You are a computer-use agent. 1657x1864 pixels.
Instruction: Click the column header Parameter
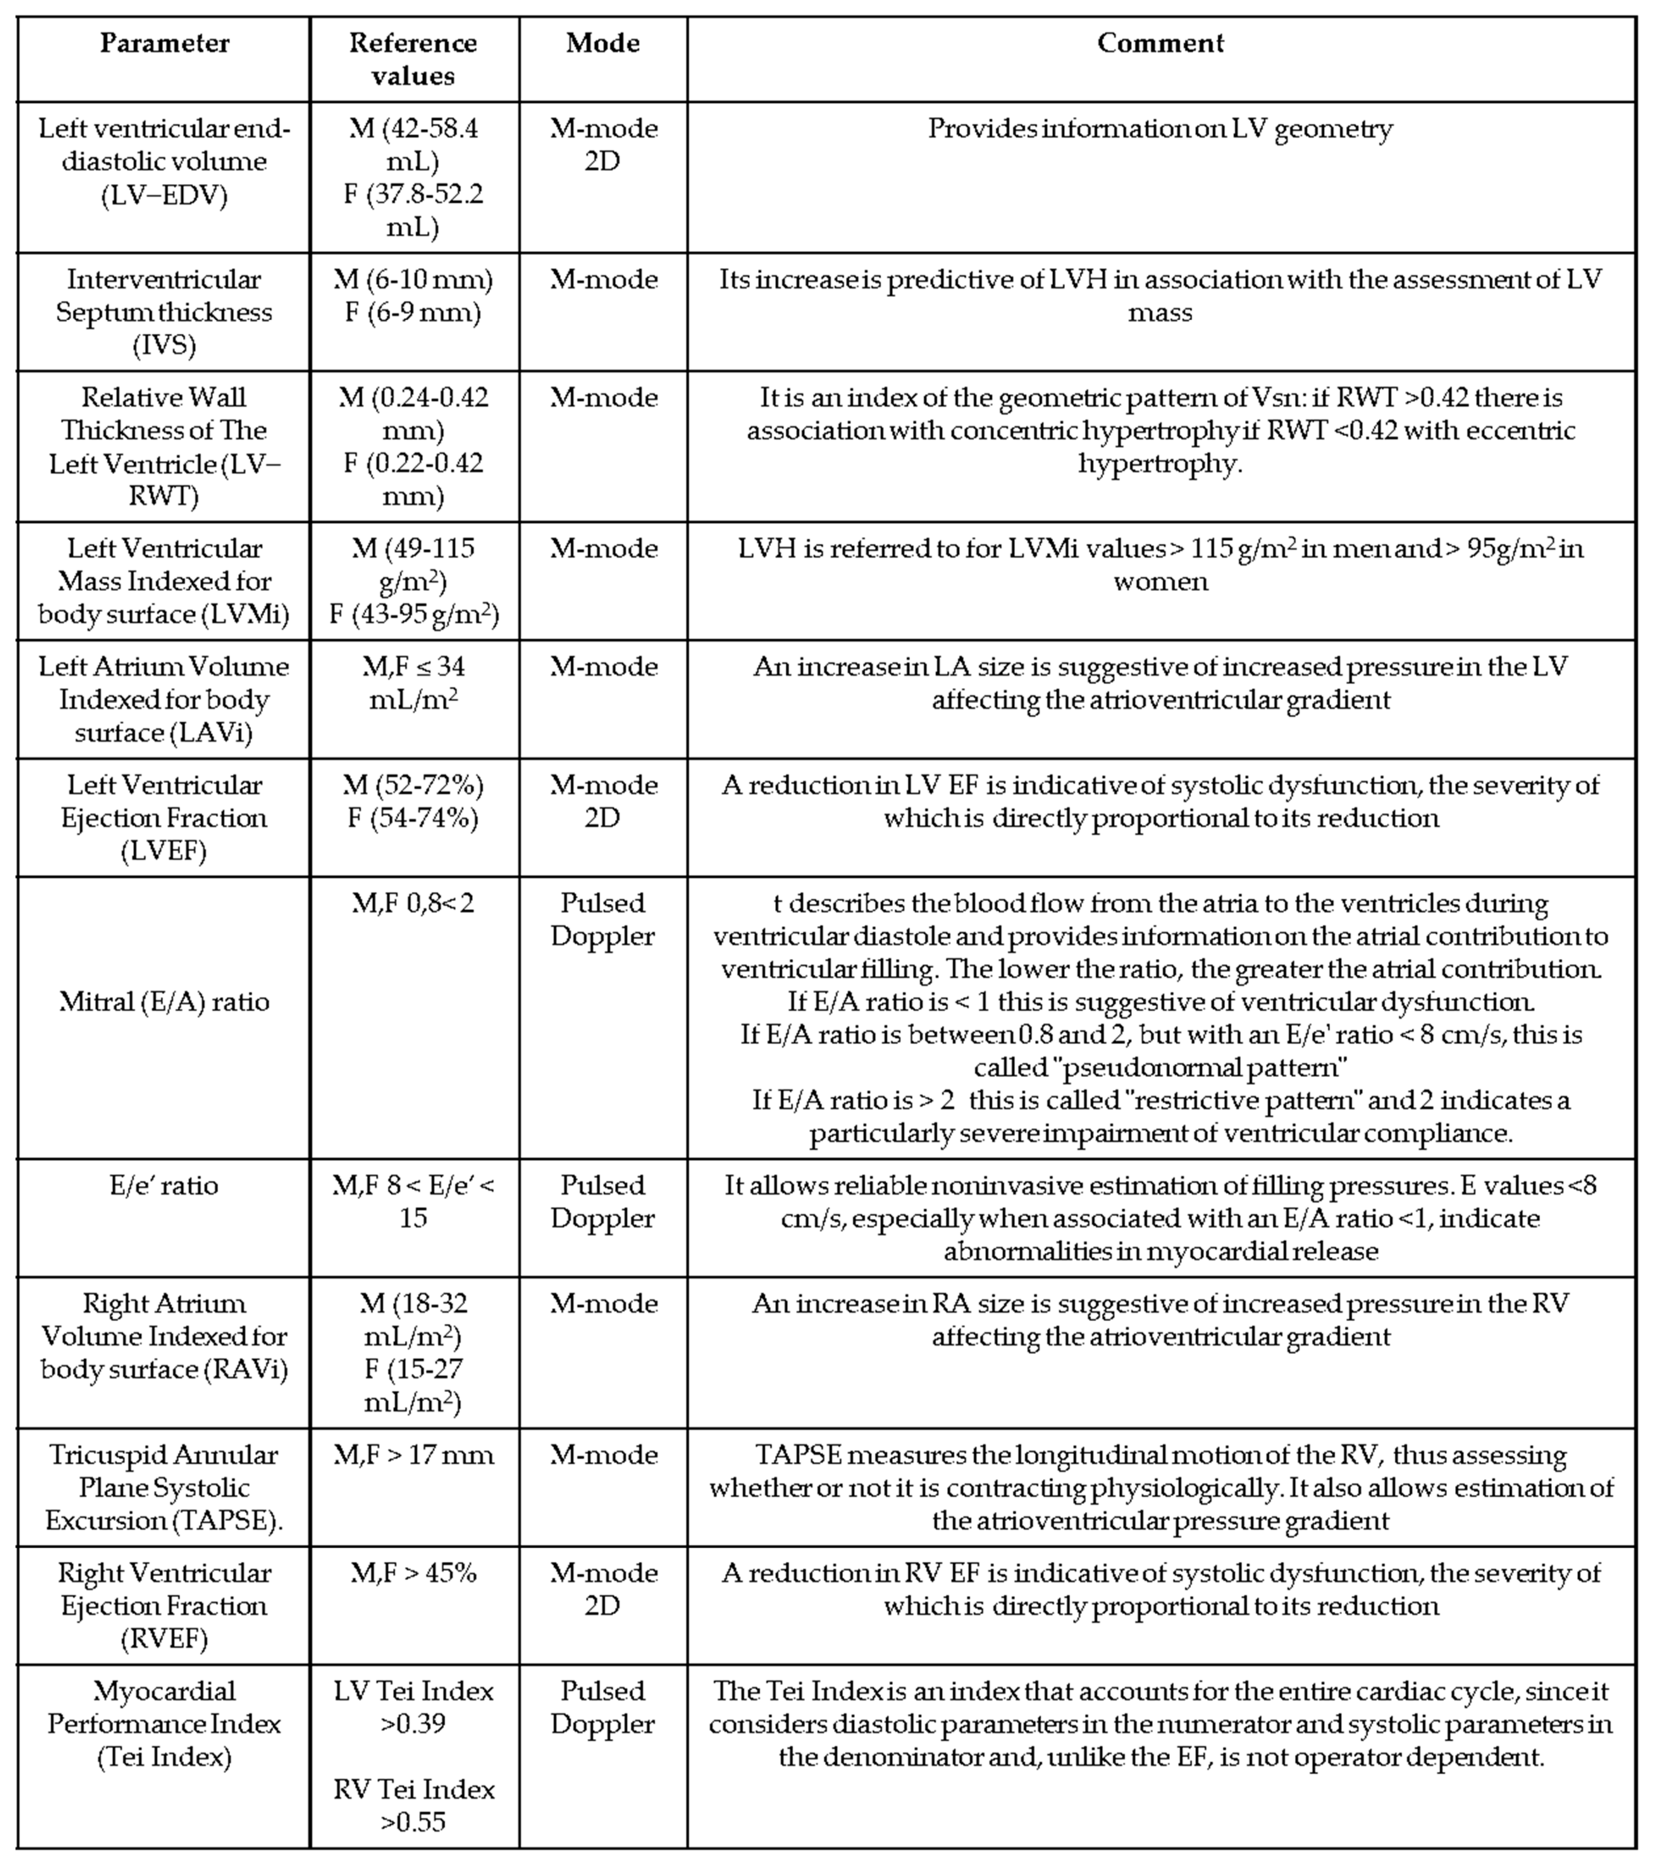click(164, 43)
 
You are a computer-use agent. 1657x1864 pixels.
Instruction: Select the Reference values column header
click(413, 59)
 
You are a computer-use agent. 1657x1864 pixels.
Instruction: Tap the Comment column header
click(1160, 43)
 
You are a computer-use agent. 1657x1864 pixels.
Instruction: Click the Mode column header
click(603, 43)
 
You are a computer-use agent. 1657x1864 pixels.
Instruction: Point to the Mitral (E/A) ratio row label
click(164, 1001)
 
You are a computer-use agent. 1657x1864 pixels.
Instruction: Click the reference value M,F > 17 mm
click(413, 1454)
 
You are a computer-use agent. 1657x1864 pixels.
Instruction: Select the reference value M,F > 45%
click(413, 1573)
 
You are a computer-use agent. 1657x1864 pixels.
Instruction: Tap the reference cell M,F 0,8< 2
click(413, 903)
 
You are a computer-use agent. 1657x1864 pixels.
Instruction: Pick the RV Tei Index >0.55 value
click(413, 1806)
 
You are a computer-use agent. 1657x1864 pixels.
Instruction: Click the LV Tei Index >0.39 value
click(413, 1707)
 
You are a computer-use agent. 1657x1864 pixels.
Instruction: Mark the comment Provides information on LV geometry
click(1160, 128)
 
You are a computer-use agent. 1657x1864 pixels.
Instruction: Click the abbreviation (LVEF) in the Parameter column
click(164, 851)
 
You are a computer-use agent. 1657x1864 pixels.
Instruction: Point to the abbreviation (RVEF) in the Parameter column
click(164, 1639)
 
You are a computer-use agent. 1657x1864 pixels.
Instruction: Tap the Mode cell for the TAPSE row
click(603, 1454)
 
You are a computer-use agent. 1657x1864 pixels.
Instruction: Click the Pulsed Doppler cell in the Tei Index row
click(603, 1707)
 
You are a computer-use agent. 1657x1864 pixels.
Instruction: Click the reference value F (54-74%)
click(413, 818)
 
